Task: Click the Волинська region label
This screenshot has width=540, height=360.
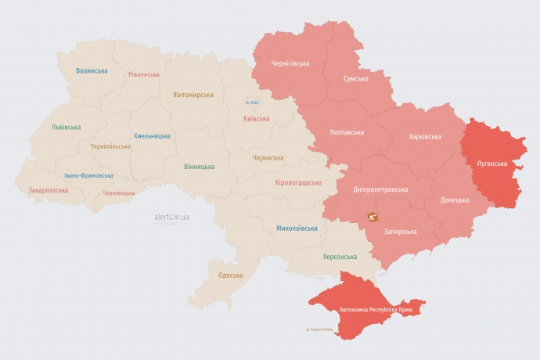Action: point(92,70)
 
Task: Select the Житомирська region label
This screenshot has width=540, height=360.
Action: point(193,95)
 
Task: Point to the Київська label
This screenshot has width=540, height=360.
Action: point(257,119)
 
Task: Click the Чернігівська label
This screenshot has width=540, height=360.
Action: point(290,63)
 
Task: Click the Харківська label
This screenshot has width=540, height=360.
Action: point(425,136)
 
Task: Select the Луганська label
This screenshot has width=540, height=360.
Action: point(491,164)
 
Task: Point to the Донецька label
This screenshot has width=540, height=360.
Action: point(455,200)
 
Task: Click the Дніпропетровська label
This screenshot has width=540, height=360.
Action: point(381,189)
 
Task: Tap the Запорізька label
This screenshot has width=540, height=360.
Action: point(400,232)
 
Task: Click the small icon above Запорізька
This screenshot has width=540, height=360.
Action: point(370,216)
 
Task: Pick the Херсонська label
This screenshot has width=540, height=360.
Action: point(340,257)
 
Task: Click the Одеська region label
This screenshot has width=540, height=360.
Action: point(230,275)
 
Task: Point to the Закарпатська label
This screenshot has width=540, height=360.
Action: point(48,190)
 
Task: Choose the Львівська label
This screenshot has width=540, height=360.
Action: point(66,127)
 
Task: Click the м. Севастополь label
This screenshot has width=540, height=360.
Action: point(319,329)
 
